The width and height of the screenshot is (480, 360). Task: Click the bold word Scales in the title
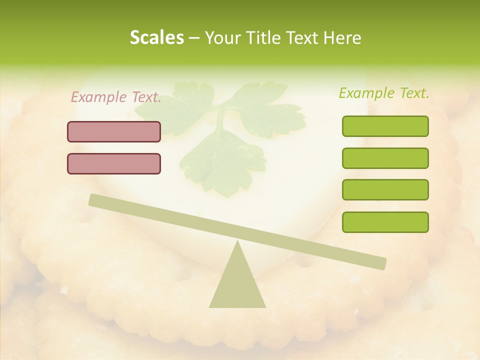click(156, 38)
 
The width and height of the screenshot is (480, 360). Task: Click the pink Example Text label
click(116, 97)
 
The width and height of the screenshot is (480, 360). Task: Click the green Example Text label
click(384, 93)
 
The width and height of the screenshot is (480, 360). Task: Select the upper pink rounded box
click(114, 131)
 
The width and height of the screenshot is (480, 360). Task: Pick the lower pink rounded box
click(114, 163)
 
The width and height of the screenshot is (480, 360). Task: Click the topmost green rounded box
click(385, 126)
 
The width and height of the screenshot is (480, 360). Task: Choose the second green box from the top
click(385, 158)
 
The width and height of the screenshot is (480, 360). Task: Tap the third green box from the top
click(385, 190)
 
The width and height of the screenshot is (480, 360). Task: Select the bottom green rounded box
click(385, 222)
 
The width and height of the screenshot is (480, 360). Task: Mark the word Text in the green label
click(413, 93)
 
